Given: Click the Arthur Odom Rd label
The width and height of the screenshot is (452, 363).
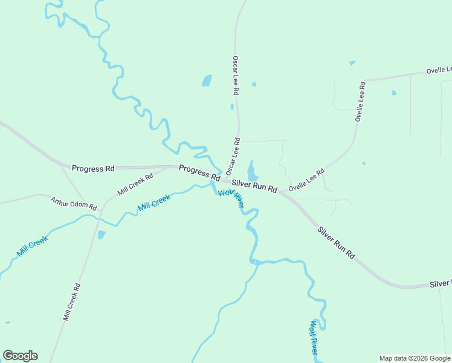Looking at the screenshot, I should pyautogui.click(x=74, y=203).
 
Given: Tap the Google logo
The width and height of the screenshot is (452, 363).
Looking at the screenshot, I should pyautogui.click(x=20, y=356).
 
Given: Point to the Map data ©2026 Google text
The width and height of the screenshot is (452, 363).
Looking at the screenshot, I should pyautogui.click(x=414, y=358).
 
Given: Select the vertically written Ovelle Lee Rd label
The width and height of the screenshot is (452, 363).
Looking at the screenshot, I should pyautogui.click(x=361, y=101).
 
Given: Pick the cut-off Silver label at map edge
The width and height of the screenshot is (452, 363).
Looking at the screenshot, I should pyautogui.click(x=441, y=284).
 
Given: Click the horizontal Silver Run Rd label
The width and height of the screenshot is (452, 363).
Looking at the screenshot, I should pyautogui.click(x=254, y=186).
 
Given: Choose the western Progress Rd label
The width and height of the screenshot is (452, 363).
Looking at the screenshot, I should pyautogui.click(x=92, y=168).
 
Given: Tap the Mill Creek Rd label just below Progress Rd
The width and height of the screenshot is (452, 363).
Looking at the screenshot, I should pyautogui.click(x=135, y=185).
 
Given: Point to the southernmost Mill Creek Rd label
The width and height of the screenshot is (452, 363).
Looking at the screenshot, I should pyautogui.click(x=71, y=302).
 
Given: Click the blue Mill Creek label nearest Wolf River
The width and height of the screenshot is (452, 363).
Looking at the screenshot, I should pyautogui.click(x=154, y=203).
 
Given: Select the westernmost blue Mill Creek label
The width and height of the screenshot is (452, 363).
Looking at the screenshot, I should pyautogui.click(x=32, y=246).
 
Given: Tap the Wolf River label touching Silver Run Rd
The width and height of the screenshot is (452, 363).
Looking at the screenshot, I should pyautogui.click(x=231, y=198).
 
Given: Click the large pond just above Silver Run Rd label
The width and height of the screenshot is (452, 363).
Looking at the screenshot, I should pyautogui.click(x=253, y=170).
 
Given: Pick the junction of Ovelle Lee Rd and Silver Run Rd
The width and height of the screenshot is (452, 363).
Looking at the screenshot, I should pyautogui.click(x=280, y=192).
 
